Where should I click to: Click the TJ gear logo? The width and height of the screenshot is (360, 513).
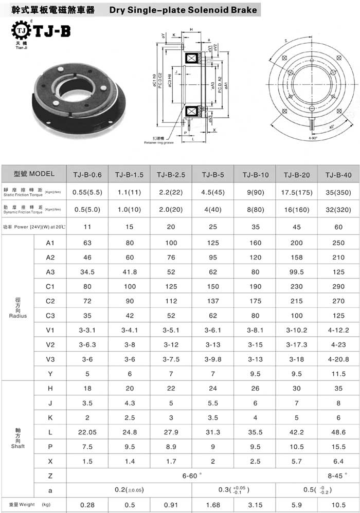click(x=20, y=31)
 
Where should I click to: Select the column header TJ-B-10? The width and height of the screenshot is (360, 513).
click(x=255, y=175)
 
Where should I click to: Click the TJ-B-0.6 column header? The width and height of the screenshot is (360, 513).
click(x=88, y=175)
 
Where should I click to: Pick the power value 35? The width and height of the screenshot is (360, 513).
click(x=255, y=226)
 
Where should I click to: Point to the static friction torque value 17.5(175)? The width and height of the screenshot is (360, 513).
click(x=297, y=192)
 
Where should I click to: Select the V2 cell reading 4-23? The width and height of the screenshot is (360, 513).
click(x=338, y=344)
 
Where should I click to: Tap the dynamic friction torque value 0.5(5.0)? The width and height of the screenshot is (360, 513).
click(x=88, y=209)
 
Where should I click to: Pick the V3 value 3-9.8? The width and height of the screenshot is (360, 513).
click(x=213, y=359)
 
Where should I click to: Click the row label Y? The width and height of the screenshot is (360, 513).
click(x=50, y=373)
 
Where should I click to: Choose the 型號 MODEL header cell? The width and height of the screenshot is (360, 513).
click(x=34, y=174)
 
